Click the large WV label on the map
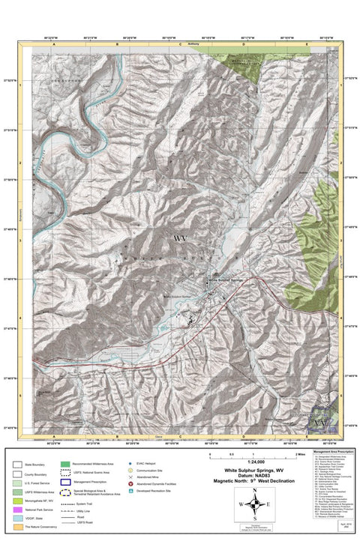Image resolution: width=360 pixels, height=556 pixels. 180,238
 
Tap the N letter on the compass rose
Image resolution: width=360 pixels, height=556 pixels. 256,491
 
